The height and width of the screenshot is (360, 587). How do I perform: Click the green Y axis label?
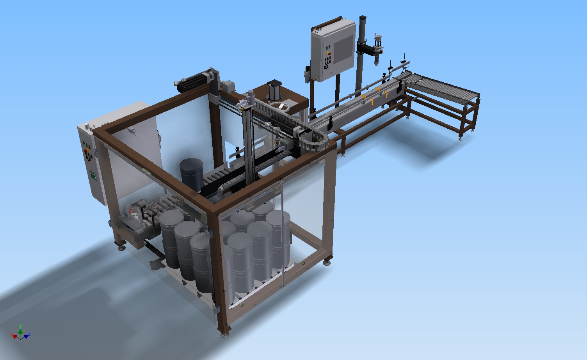click(x=20, y=326)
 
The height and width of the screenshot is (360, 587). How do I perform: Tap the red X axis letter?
click(x=11, y=334)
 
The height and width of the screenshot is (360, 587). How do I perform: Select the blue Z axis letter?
click(x=29, y=334)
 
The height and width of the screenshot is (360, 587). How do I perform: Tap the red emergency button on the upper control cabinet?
click(x=329, y=54)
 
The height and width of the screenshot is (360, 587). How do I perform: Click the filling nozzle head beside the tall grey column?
click(x=377, y=51)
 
